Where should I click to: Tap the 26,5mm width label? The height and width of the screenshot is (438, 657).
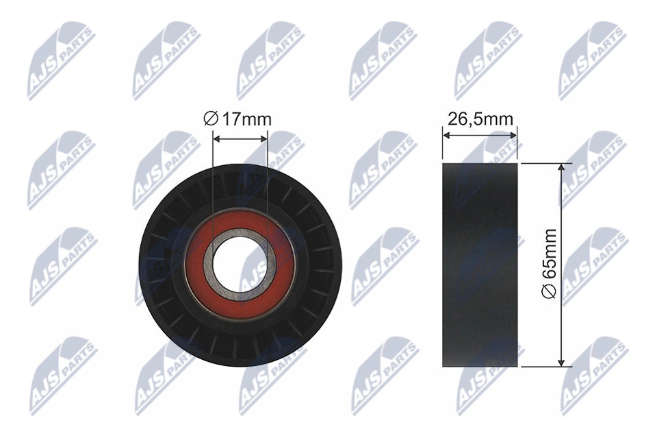(x=480, y=119)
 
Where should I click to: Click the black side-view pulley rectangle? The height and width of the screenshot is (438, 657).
(x=480, y=265)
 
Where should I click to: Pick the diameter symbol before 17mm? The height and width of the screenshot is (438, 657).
(x=211, y=119)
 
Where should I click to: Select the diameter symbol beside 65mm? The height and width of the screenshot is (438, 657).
(x=550, y=292)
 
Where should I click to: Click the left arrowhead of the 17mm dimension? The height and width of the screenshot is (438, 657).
(x=217, y=138)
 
